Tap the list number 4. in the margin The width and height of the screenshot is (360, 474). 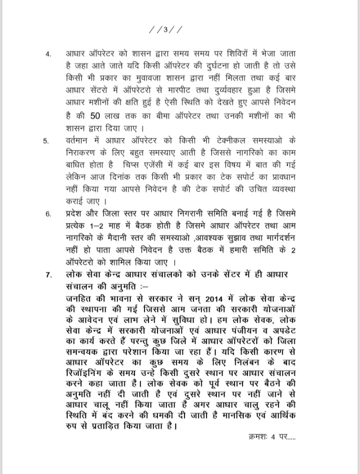48,53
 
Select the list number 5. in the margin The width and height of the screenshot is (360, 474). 45,141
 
